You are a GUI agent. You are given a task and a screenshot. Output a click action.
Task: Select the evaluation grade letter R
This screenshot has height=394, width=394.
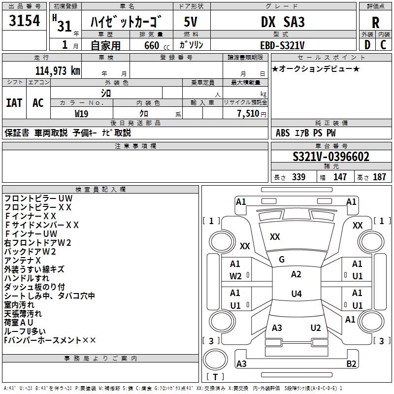376,23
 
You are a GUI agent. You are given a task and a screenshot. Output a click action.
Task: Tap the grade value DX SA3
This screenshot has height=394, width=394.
283,23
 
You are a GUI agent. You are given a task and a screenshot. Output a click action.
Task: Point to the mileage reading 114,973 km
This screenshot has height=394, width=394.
58,70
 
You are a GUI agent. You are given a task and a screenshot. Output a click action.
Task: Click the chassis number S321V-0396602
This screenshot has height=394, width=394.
331,157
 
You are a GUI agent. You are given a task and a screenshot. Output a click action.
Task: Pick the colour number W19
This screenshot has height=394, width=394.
82,113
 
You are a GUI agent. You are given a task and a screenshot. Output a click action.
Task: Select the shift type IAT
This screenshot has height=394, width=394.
14,103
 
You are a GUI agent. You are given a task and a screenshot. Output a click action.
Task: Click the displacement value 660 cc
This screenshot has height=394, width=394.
151,45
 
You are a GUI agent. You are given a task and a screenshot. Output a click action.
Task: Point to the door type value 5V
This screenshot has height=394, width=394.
191,23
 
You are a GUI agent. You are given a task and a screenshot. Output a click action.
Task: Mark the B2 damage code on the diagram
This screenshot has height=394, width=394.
351,364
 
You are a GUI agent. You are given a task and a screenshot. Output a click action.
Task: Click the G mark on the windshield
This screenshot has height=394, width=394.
282,260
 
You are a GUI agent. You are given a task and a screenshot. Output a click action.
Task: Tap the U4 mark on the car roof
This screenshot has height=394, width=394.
296,294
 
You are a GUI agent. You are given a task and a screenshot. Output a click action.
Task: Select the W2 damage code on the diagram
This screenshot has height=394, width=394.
235,276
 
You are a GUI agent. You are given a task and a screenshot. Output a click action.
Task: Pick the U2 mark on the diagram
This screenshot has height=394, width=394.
316,328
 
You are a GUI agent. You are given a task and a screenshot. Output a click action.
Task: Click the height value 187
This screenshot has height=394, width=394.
379,177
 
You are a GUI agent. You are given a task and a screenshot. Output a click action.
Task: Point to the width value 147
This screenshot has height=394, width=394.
340,177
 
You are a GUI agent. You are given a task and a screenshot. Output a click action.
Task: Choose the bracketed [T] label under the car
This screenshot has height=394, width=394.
215,377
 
